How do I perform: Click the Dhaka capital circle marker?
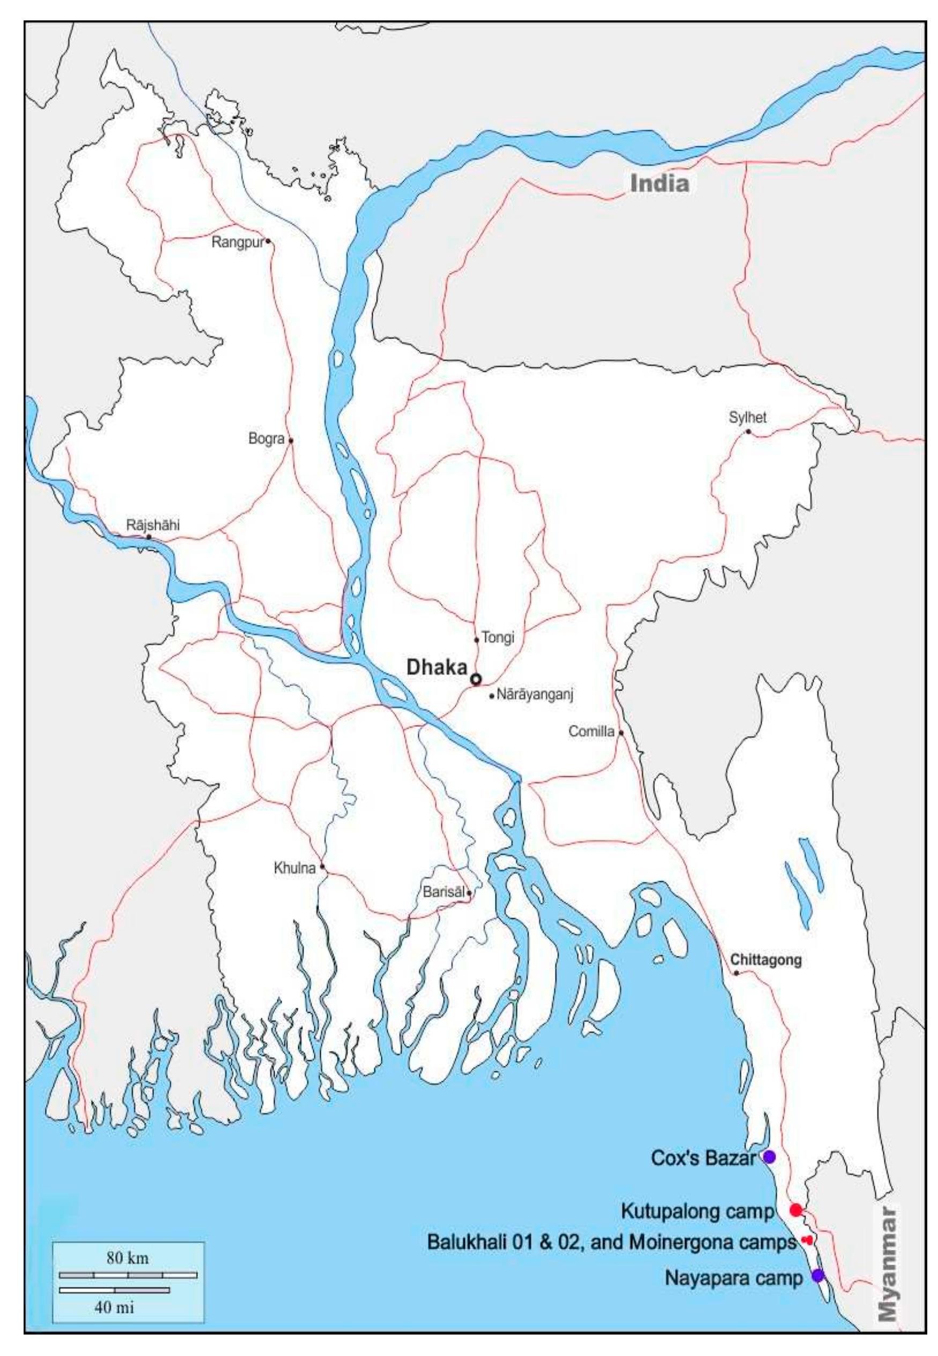(476, 679)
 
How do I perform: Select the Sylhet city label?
(747, 418)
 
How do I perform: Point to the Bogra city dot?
(290, 440)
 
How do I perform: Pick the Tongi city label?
(498, 637)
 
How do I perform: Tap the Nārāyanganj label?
(535, 695)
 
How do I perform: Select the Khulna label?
(294, 867)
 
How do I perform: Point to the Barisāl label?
(444, 891)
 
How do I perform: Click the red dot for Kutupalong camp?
(796, 1210)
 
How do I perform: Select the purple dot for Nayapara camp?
(817, 1276)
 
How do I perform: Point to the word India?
(659, 184)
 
